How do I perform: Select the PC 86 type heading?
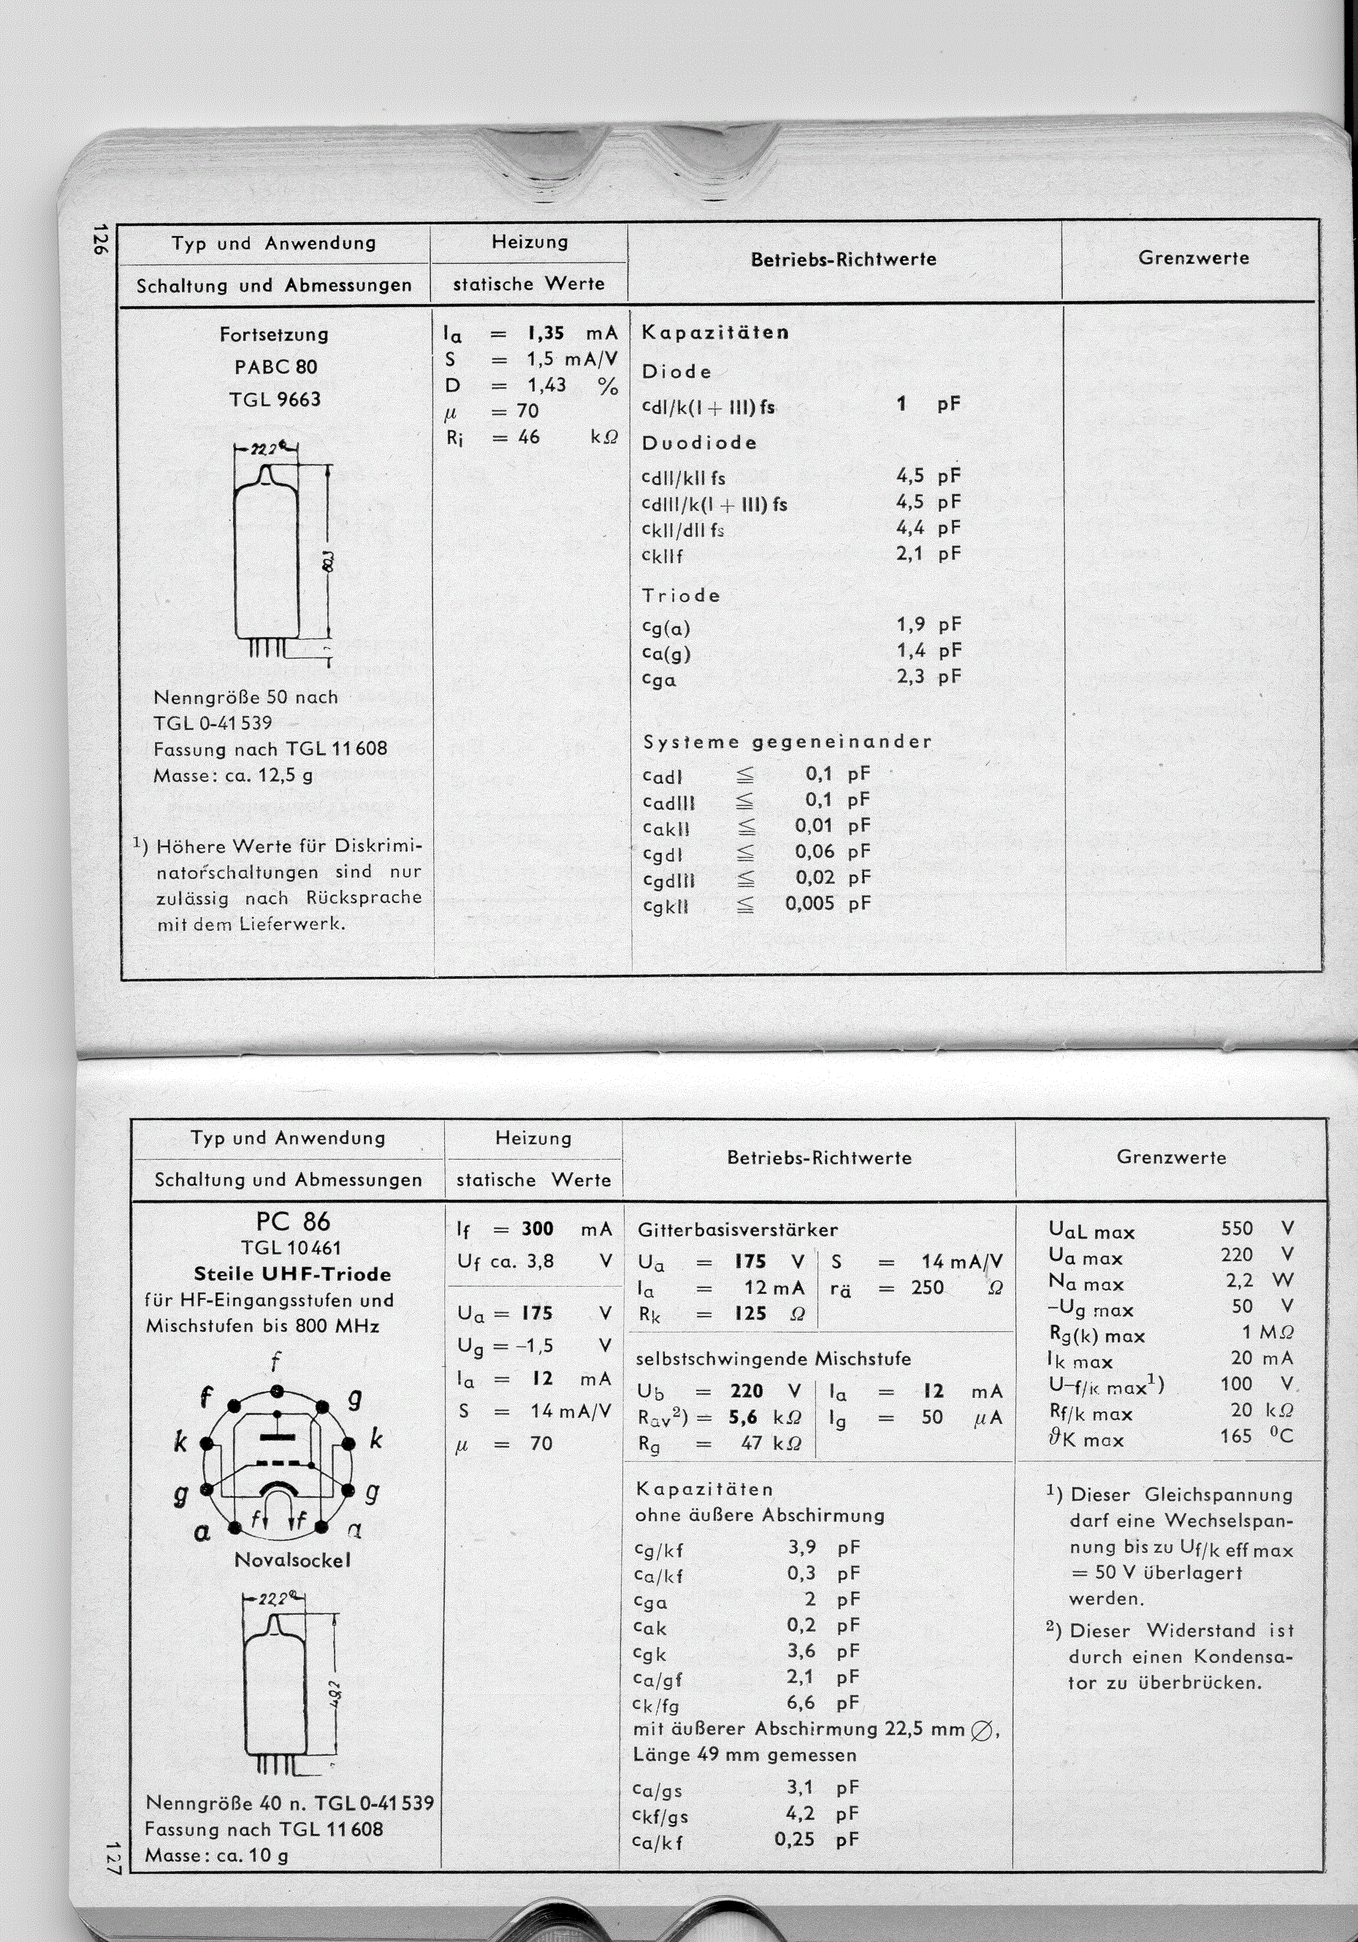[x=293, y=1222]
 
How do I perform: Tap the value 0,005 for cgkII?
[x=809, y=903]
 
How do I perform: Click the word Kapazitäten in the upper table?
[x=714, y=332]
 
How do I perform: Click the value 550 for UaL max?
[x=1237, y=1228]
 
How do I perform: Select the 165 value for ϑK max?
[x=1236, y=1436]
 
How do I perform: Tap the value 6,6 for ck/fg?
[x=801, y=1702]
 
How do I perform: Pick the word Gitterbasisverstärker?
[x=737, y=1230]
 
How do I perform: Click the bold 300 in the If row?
[x=537, y=1229]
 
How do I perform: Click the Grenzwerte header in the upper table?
[x=1193, y=258]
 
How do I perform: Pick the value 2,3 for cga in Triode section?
[x=910, y=677]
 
